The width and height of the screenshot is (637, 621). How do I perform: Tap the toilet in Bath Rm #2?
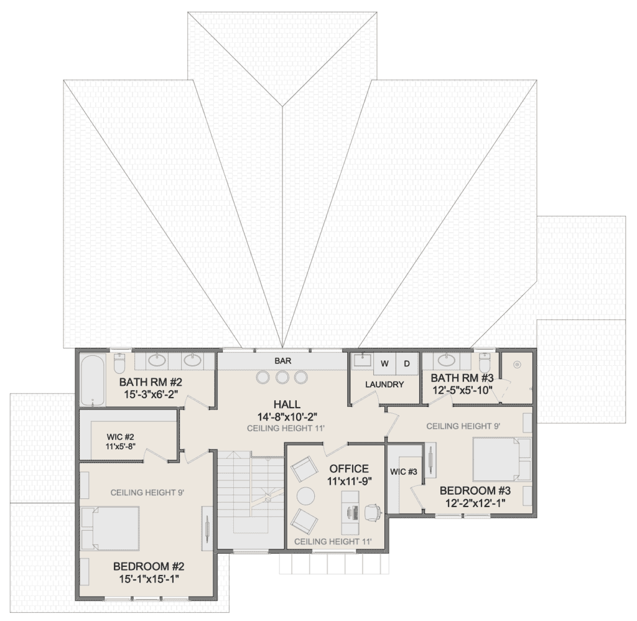click(119, 363)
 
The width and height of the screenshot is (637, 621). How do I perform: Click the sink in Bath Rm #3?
click(447, 359)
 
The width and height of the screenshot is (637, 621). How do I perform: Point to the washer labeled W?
click(384, 364)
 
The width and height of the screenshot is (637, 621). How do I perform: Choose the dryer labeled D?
click(407, 364)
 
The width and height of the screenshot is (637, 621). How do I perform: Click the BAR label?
click(283, 361)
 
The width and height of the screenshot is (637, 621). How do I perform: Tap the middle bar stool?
click(282, 377)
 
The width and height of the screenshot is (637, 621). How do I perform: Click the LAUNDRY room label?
click(384, 384)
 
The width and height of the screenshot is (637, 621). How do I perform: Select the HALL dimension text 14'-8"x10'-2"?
click(287, 416)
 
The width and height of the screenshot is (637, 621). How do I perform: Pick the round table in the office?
click(305, 495)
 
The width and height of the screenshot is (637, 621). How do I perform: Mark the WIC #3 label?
click(403, 472)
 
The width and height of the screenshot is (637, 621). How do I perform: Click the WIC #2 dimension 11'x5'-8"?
click(120, 446)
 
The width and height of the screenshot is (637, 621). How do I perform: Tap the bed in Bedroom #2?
click(111, 528)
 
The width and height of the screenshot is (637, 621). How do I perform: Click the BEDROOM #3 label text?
click(475, 490)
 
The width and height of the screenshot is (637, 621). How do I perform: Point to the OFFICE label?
click(350, 469)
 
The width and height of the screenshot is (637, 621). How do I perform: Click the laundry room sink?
click(363, 360)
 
